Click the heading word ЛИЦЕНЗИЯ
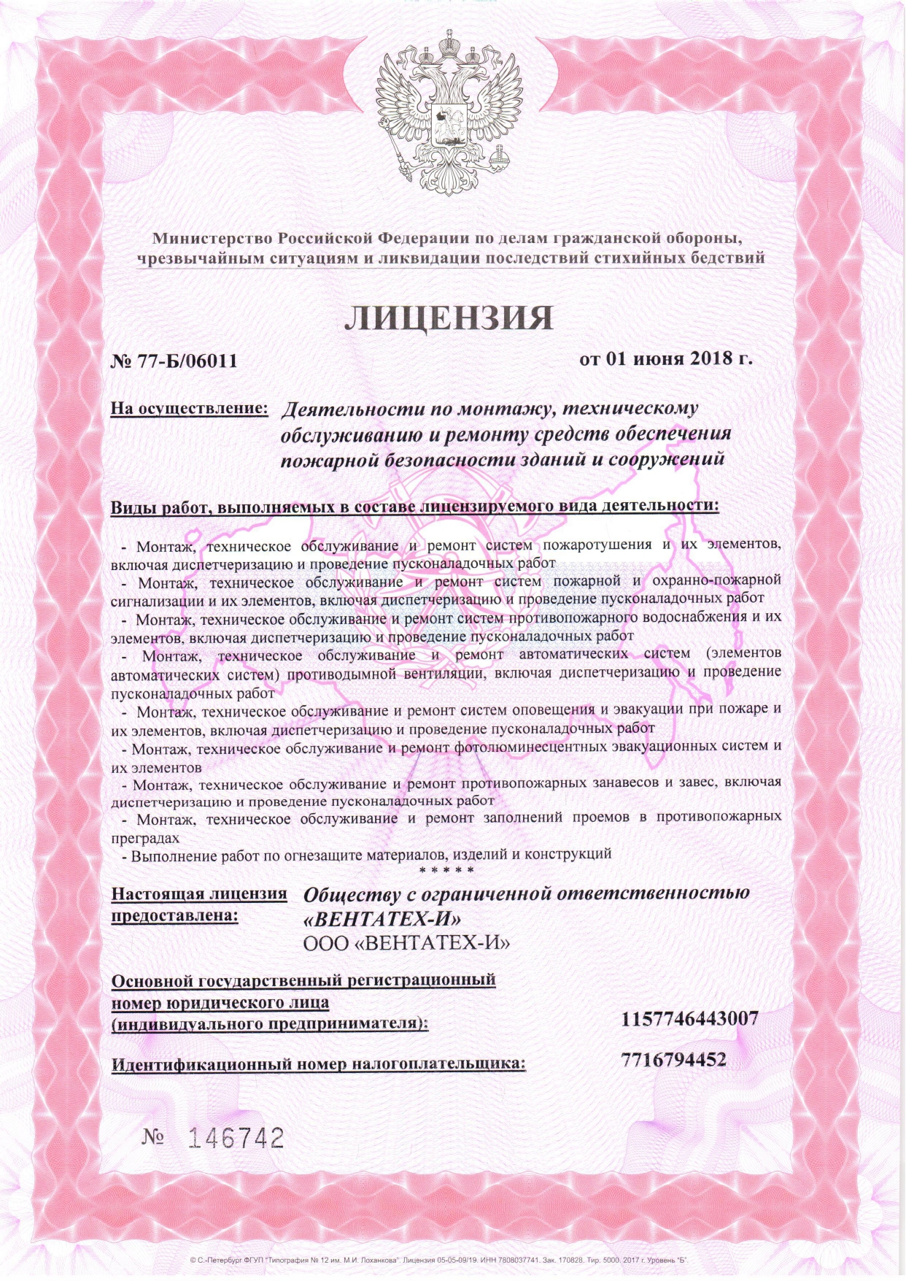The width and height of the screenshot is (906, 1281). (448, 317)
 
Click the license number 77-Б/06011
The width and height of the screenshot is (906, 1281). (183, 360)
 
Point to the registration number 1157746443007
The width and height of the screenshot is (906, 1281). (690, 1018)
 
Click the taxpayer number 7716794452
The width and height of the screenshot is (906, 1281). (675, 1059)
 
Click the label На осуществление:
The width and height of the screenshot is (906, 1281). (189, 409)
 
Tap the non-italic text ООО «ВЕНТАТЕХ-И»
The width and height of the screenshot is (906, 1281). (406, 943)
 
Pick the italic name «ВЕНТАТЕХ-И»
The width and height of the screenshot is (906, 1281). (382, 918)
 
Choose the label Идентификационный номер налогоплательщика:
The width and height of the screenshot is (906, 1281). (318, 1064)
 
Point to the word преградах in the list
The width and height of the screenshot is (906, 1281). (145, 837)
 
